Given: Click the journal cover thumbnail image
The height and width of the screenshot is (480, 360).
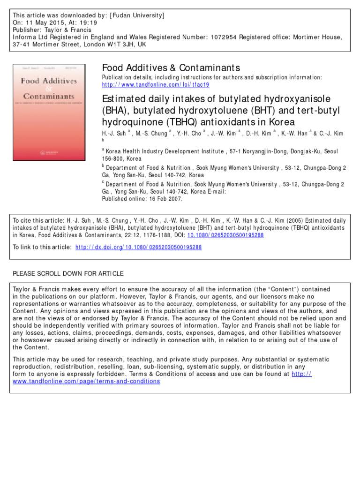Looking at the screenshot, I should point(49,105).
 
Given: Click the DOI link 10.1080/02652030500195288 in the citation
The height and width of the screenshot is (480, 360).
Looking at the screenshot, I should point(225,235).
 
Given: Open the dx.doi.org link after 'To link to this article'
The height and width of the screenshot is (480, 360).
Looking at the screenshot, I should point(138,247).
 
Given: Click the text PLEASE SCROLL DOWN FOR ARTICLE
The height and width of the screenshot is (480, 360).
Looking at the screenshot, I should point(68,273).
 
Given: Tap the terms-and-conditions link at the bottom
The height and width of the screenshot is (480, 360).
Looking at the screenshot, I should point(86,381).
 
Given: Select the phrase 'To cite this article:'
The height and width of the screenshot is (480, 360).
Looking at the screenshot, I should point(39,220).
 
